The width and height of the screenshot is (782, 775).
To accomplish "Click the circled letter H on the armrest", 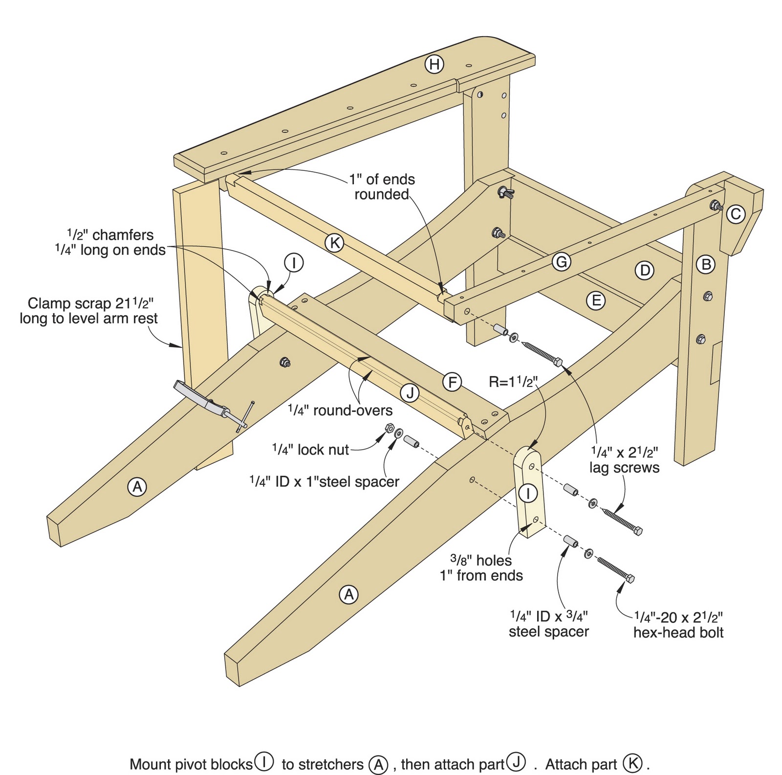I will (434, 64).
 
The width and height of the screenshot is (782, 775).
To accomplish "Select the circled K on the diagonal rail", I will (335, 243).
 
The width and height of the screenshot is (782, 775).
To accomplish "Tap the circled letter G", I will (562, 262).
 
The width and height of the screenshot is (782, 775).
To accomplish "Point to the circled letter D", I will (644, 270).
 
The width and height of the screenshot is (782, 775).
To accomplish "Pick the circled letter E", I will (596, 300).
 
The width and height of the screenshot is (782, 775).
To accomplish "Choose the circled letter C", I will (736, 214).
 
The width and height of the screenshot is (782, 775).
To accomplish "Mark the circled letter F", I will (453, 382).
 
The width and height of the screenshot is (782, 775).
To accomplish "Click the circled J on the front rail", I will (410, 392).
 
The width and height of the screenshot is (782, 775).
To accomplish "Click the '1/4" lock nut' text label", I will (311, 450).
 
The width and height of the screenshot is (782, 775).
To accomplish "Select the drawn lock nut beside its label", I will (389, 427).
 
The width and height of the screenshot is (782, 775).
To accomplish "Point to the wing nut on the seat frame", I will (504, 192).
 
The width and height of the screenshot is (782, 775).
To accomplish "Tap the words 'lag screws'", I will (624, 468).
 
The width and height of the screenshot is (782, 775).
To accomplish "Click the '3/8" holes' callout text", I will (481, 560).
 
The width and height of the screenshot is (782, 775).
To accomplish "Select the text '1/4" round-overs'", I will (340, 410).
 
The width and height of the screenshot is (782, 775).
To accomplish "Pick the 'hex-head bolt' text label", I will (678, 633).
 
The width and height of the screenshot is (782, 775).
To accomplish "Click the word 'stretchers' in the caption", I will (323, 764).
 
